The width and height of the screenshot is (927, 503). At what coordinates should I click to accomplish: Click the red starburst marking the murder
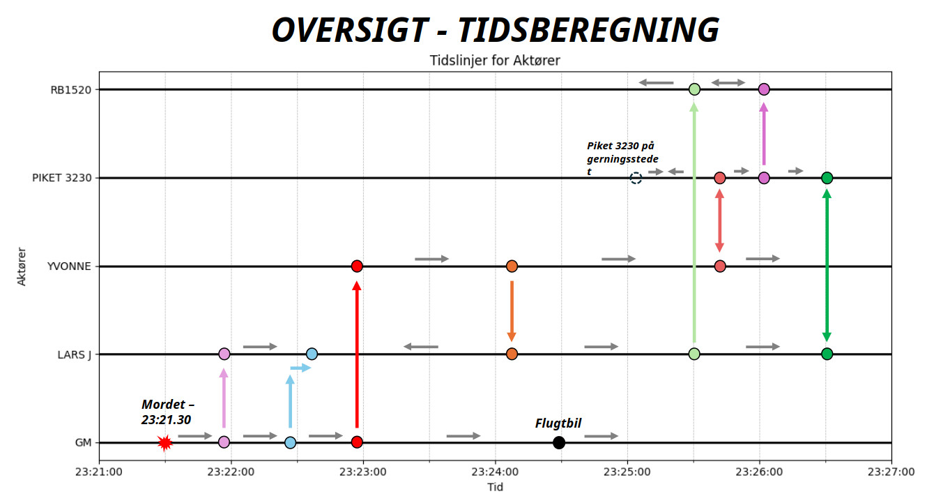pos(164,442)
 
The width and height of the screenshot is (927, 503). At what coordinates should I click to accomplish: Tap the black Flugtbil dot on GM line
pos(558,442)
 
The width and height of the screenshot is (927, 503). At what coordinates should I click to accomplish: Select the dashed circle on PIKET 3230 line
pos(636,178)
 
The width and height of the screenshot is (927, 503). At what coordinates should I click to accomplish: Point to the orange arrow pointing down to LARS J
pos(512,310)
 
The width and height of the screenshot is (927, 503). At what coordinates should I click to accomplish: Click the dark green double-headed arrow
pos(827,266)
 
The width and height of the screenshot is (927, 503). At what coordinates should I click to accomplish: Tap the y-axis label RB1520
pos(70,89)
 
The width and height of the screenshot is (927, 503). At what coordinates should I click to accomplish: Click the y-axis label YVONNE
pos(68,266)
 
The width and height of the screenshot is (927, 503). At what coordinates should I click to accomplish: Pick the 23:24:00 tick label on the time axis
pos(496,472)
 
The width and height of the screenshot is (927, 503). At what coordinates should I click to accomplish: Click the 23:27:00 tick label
pos(891,472)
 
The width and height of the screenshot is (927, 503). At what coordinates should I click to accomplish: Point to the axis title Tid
pos(495,487)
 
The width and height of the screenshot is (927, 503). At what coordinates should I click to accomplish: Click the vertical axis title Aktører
pos(22,266)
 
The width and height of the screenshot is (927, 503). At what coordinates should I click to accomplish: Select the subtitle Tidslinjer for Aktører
pos(495,61)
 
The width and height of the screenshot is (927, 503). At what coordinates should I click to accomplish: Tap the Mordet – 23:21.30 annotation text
pos(167,412)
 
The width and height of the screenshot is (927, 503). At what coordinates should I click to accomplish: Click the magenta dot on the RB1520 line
pos(764,89)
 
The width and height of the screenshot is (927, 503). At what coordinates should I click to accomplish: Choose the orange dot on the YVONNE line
pos(512,266)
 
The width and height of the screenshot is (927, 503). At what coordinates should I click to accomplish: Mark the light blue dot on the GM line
pos(290,442)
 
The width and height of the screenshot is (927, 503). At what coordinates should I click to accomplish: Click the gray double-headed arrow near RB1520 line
pos(728,83)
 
